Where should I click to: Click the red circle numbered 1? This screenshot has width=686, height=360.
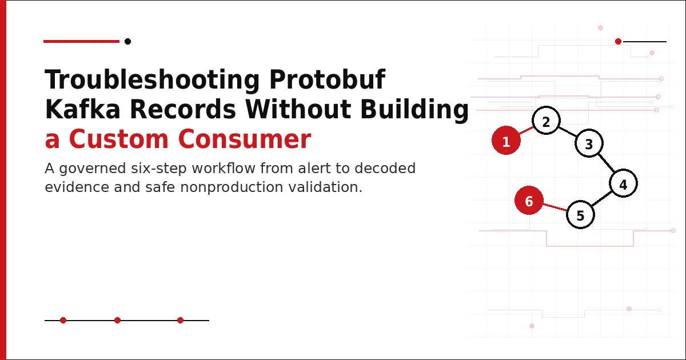[x=506, y=140]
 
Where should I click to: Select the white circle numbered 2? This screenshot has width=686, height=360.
[x=546, y=121]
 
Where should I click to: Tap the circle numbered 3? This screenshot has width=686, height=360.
[x=589, y=143]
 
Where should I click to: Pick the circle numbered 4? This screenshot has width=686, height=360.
[x=623, y=183]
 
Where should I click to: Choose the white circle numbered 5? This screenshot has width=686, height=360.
[x=580, y=215]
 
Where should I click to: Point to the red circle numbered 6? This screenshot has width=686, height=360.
[x=529, y=201]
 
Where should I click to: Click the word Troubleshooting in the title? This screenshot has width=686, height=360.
[x=152, y=80]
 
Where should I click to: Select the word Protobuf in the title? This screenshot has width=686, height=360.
[x=327, y=79]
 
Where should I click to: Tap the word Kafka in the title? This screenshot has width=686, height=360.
[x=83, y=109]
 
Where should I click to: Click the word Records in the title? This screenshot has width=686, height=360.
[x=183, y=109]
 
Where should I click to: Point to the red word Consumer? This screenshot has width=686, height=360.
[x=245, y=139]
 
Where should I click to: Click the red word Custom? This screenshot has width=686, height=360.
[x=119, y=139]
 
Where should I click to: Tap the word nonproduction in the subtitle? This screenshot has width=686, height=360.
[x=232, y=187]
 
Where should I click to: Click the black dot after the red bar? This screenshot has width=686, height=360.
[x=127, y=41]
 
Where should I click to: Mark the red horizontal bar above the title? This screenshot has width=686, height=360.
[x=81, y=41]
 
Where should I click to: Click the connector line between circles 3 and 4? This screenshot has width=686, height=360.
[x=606, y=163]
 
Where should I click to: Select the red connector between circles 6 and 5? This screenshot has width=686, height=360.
[x=555, y=207]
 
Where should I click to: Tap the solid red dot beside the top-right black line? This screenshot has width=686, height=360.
[x=618, y=41]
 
